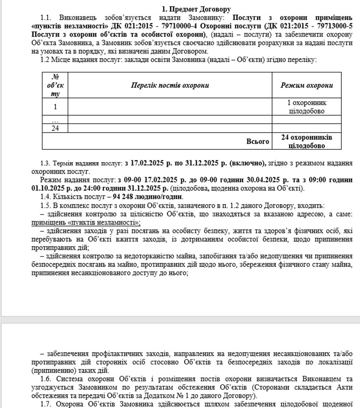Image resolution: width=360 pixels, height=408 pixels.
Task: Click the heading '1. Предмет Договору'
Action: (196, 9)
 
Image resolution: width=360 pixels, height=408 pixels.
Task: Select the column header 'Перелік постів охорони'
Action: (170, 85)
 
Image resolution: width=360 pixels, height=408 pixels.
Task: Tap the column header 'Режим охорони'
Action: (307, 85)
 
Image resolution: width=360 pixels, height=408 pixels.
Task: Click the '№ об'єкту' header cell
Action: (55, 85)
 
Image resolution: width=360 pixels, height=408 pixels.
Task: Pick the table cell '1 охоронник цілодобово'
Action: (307, 107)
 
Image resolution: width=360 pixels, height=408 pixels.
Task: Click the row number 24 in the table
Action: (55, 128)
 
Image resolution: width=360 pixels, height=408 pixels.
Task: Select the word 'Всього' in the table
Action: (257, 141)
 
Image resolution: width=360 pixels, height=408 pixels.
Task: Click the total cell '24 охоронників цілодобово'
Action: (307, 141)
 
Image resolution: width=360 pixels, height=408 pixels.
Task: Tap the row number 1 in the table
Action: (55, 107)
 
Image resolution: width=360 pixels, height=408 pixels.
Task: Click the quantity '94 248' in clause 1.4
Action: (123, 197)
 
